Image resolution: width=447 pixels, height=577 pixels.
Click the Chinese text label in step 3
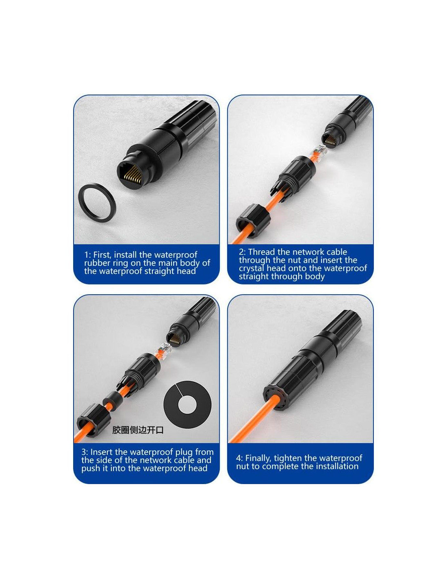[138, 430]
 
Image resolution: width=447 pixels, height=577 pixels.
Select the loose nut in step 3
[93, 420]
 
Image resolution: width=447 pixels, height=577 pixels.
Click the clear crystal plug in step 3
[164, 350]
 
